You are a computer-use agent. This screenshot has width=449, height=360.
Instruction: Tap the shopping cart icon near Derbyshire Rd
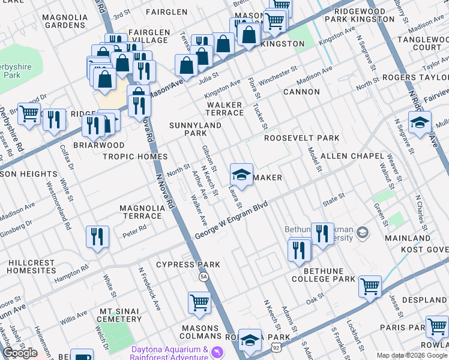pyautogui.click(x=29, y=113)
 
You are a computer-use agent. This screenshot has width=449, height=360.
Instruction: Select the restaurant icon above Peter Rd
pyautogui.click(x=97, y=236)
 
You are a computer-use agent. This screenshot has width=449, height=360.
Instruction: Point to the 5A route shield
pyautogui.click(x=203, y=277)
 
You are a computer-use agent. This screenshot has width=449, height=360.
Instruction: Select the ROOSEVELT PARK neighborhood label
pyautogui.click(x=302, y=138)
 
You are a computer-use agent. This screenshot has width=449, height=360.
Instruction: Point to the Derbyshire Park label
pyautogui.click(x=11, y=70)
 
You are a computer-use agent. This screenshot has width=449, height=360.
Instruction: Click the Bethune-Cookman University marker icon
pyautogui.click(x=363, y=232)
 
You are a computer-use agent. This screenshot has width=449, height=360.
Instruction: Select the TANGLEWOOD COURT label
pyautogui.click(x=420, y=42)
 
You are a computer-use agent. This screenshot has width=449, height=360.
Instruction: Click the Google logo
pyautogui.click(x=20, y=353)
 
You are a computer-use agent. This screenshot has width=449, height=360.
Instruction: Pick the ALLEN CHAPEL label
pyautogui.click(x=352, y=156)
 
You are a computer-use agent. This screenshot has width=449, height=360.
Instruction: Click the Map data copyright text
pyautogui.click(x=412, y=355)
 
